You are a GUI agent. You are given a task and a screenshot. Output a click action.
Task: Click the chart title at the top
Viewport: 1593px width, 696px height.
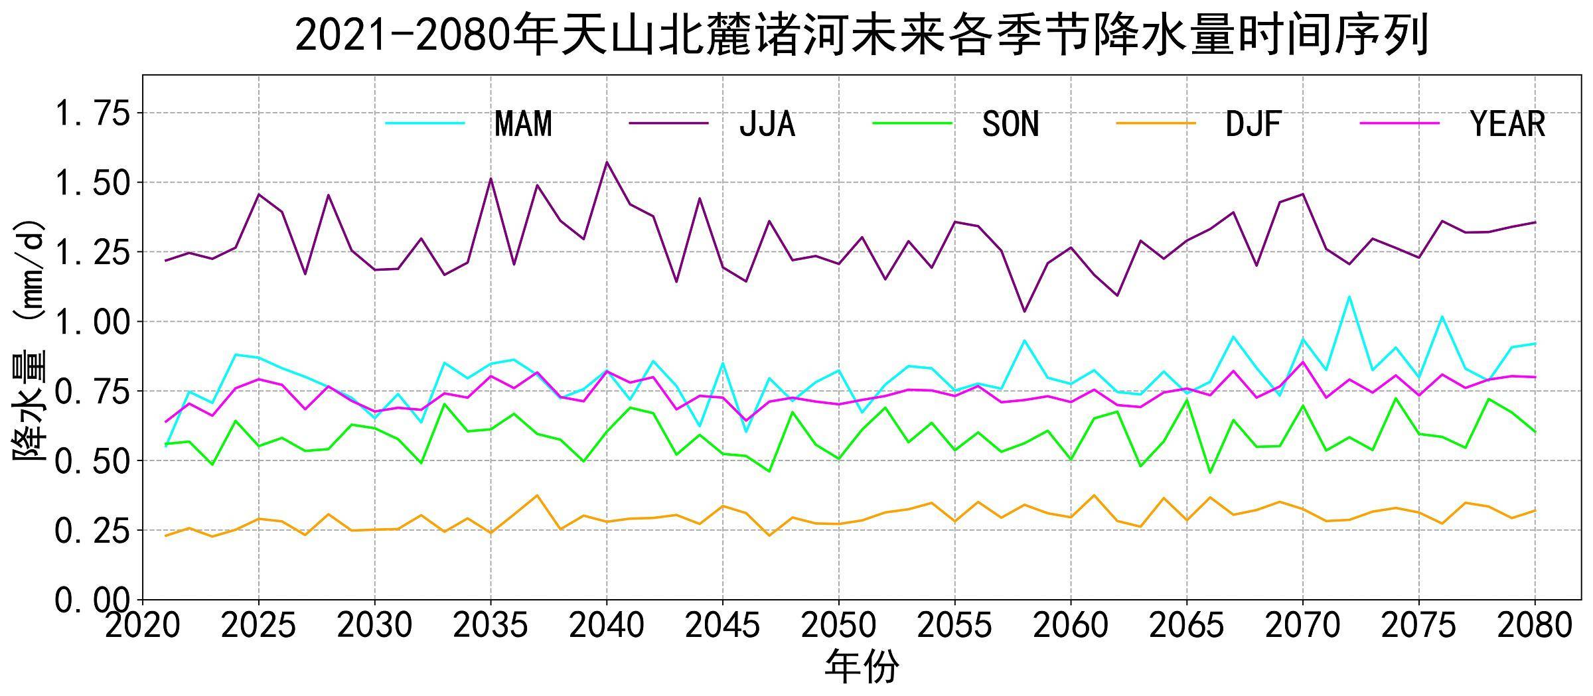point(861,35)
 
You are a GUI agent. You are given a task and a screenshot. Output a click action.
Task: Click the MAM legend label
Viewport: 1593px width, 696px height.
point(523,124)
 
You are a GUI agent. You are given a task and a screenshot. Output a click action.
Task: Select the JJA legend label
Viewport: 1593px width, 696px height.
point(767,124)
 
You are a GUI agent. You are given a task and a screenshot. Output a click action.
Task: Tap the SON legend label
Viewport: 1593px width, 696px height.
point(1010,124)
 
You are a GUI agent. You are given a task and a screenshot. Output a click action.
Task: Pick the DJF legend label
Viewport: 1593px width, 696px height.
point(1253,124)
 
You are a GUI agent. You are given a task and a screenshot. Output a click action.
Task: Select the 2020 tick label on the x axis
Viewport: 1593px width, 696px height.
point(143,625)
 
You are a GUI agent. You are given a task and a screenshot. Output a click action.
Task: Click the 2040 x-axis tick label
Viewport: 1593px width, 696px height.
point(607,625)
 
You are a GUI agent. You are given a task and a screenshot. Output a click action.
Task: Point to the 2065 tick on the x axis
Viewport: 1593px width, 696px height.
point(1186,625)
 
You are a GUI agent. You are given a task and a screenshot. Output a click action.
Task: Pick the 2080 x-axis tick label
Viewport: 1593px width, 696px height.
point(1535,625)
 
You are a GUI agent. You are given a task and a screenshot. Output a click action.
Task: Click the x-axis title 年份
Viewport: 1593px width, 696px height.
point(861,667)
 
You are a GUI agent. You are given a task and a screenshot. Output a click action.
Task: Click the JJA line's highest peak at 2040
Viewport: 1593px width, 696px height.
point(607,162)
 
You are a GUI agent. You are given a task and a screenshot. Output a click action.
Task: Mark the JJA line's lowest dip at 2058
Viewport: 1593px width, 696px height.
point(1024,311)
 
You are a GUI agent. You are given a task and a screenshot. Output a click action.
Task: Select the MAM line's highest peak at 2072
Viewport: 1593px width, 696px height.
point(1349,297)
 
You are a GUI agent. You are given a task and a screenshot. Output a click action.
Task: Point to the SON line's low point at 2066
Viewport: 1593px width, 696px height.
point(1210,472)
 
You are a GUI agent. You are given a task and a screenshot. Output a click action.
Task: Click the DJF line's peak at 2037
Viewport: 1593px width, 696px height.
point(537,495)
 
